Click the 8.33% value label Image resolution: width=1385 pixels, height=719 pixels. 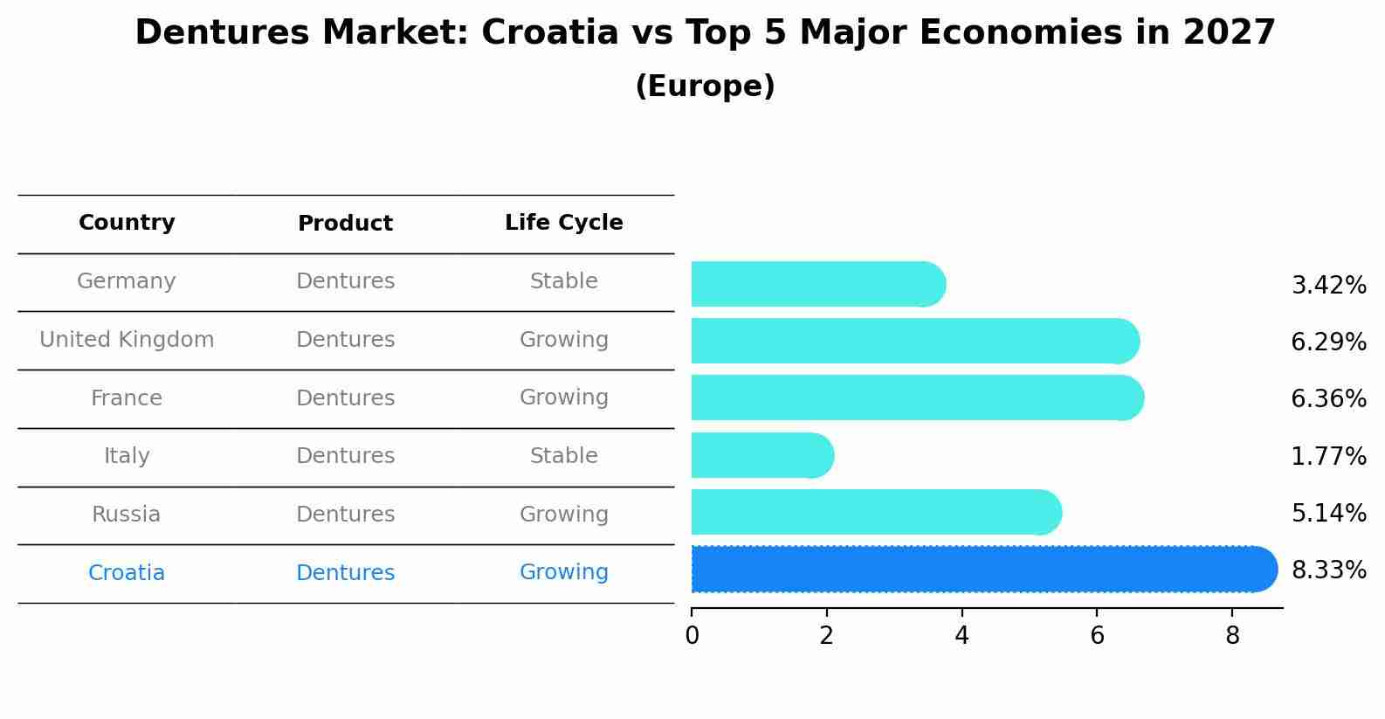point(1328,570)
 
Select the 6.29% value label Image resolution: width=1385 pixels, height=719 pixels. point(1328,342)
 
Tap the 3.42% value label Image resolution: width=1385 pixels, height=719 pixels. point(1328,286)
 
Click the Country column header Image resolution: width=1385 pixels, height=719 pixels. point(127,223)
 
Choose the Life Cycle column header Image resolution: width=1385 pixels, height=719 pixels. point(563,223)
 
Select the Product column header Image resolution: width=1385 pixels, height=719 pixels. point(345,224)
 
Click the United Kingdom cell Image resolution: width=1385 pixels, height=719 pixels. point(127,340)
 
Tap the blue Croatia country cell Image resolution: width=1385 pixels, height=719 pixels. point(127,573)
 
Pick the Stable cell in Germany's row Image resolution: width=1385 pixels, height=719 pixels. point(563,281)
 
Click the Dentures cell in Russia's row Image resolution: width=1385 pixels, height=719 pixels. point(345,515)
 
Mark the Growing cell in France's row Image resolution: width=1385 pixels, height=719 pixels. point(563,398)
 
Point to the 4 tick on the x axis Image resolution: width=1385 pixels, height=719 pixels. point(961,636)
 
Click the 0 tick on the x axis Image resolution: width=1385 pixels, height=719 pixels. point(692,636)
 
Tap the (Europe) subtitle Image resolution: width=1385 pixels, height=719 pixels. point(705,86)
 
